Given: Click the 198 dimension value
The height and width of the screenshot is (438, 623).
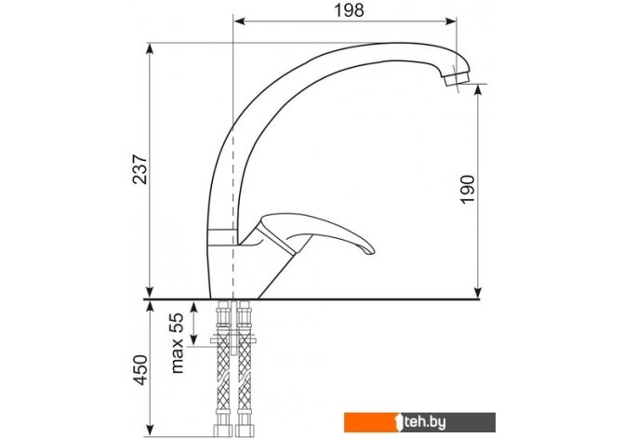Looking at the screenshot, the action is tap(350, 10).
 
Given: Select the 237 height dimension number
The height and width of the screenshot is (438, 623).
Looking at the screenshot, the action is tap(139, 168).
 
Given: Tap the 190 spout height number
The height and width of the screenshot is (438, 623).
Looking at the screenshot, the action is tap(468, 190).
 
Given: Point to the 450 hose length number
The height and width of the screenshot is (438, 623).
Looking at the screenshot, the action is tap(139, 370).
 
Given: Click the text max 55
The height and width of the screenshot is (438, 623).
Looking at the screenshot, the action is tap(178, 342).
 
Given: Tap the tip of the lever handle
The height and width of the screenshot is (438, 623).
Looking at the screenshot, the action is tap(370, 250).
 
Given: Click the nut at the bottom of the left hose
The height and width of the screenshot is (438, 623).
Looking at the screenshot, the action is tap(221, 431).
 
